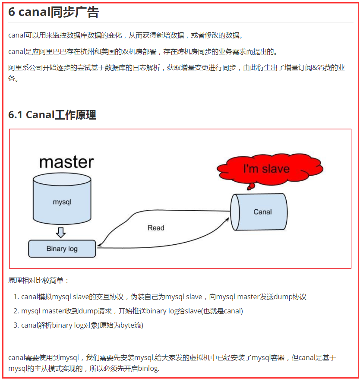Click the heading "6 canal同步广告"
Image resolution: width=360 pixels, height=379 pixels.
coord(53,12)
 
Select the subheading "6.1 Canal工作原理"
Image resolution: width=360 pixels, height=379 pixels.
coord(52,115)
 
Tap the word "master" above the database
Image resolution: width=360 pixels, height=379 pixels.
coord(66,162)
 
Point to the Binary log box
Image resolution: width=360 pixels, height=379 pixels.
coord(62,249)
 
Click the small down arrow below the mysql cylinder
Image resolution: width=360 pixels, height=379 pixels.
coord(61,233)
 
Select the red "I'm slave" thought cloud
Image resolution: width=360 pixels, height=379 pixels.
coord(266,169)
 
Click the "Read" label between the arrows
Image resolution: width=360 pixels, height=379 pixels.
coord(156,227)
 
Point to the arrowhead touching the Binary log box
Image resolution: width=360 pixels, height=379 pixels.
coord(100,246)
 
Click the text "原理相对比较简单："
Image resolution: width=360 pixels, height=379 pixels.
coord(38,281)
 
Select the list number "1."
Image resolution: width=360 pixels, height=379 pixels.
coord(16,297)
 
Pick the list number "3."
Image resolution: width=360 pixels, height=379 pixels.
coord(16,325)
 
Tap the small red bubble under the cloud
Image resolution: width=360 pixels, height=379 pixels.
coord(249,187)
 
